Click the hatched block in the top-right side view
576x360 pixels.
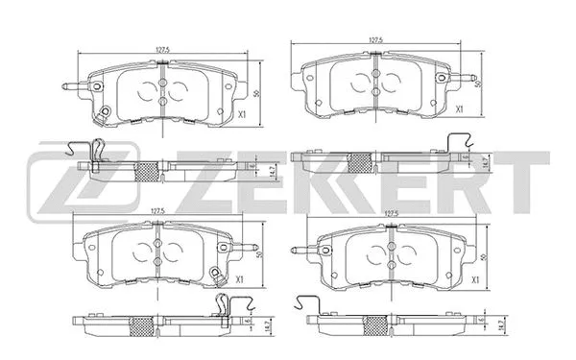[361, 162]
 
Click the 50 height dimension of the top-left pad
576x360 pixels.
[260, 94]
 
